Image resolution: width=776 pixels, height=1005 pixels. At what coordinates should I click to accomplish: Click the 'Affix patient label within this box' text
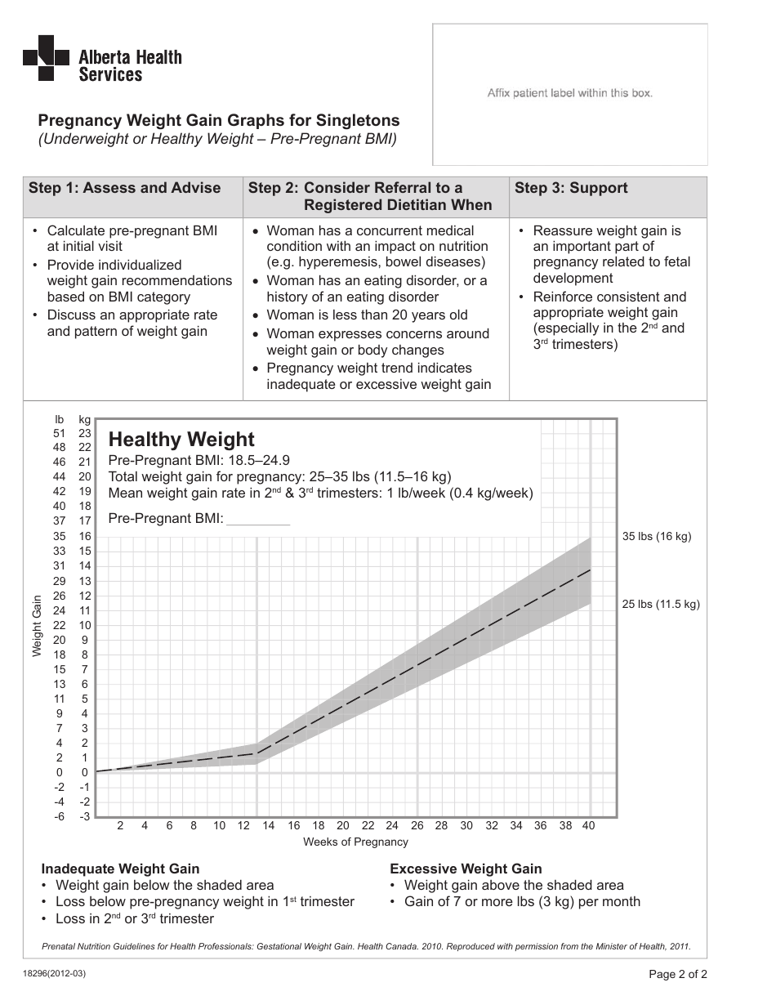tap(569, 93)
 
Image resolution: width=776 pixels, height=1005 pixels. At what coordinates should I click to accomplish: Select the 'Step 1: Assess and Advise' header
tap(124, 188)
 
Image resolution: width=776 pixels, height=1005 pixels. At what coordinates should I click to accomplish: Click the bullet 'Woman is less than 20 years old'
tap(367, 315)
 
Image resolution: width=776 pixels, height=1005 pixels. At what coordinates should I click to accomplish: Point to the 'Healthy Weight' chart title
tap(181, 440)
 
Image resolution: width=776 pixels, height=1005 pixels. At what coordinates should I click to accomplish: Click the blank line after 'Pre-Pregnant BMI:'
tap(257, 518)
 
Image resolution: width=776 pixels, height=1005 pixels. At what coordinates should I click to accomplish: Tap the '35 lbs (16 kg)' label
tap(656, 537)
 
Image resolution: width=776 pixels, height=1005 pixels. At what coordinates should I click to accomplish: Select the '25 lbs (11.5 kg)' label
tap(660, 605)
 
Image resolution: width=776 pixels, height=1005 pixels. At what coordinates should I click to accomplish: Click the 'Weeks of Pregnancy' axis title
tap(355, 842)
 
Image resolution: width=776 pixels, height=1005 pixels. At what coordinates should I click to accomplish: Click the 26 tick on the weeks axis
tap(417, 826)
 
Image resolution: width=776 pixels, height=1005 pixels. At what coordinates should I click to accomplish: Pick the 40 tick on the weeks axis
tap(588, 826)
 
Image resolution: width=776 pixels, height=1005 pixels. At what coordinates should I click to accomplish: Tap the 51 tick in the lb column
tap(59, 433)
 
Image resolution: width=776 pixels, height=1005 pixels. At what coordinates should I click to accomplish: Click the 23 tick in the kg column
tap(84, 433)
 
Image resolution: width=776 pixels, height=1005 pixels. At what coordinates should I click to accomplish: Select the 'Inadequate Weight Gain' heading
tap(120, 869)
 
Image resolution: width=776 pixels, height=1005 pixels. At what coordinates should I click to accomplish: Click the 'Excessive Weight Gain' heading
tap(466, 869)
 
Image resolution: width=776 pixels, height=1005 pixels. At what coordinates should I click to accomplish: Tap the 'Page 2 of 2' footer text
tap(678, 974)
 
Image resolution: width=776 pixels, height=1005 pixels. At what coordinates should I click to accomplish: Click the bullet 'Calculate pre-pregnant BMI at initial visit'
tap(131, 239)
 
